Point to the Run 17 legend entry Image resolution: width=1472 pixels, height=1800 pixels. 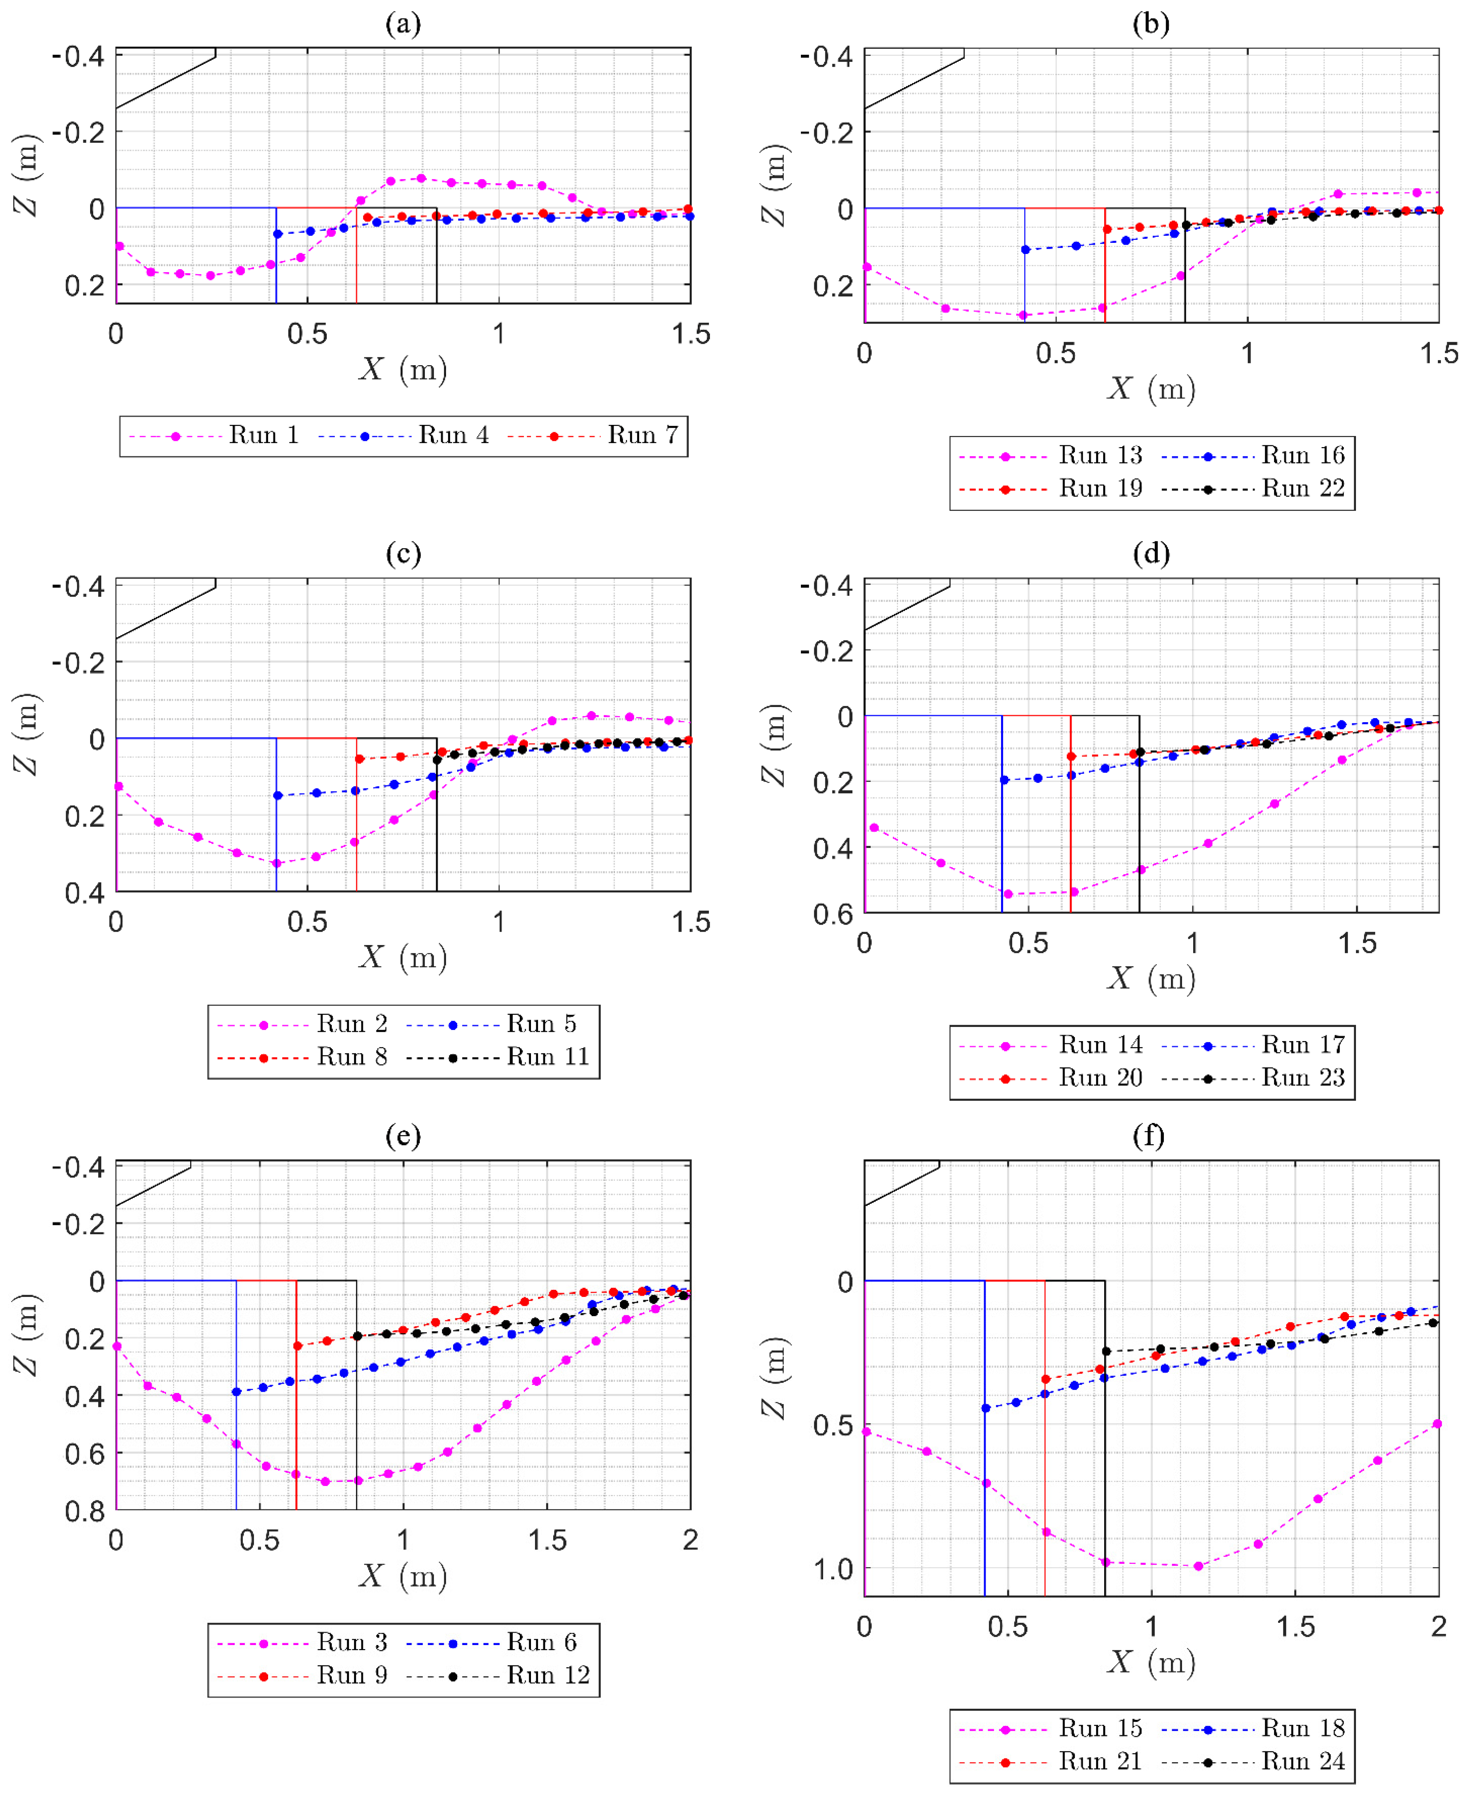point(1253,1046)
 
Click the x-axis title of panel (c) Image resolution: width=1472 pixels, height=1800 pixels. point(403,957)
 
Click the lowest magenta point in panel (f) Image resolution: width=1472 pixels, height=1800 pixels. point(1198,1566)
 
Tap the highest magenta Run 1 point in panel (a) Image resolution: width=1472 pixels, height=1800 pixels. point(422,178)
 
